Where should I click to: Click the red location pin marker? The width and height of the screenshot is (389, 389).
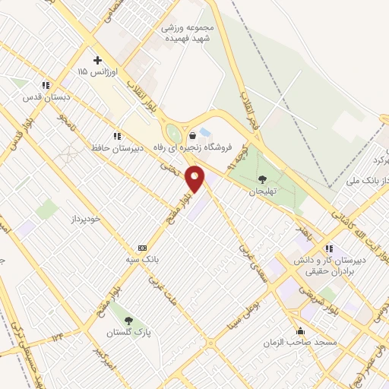(195, 179)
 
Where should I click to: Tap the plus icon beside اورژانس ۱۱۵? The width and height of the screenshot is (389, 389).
(96, 60)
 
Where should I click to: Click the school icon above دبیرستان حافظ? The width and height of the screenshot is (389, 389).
(116, 135)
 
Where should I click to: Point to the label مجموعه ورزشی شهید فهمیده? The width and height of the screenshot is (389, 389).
(188, 30)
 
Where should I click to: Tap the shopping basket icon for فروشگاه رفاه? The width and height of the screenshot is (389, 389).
(193, 135)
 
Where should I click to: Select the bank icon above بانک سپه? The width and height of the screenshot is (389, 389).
(141, 248)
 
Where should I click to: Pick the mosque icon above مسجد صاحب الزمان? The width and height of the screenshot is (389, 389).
(302, 330)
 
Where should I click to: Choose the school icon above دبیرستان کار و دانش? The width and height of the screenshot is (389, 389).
(329, 248)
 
